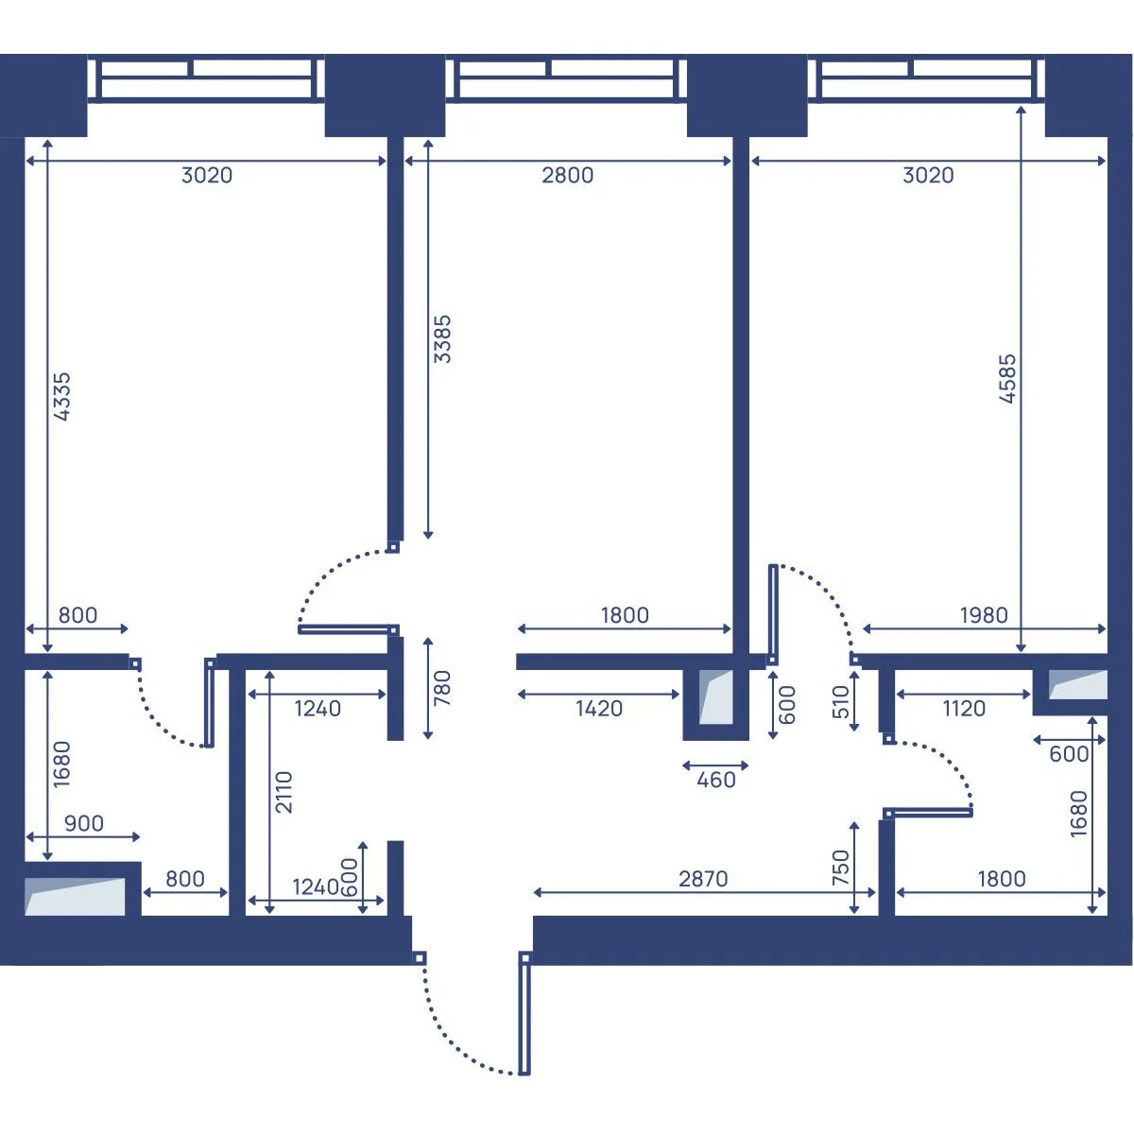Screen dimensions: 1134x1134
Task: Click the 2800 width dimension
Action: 567,175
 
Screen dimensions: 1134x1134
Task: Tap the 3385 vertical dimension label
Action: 442,338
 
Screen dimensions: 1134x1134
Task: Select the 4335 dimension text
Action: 61,396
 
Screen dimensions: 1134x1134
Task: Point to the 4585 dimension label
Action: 1006,378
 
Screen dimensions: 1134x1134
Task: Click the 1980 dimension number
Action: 984,615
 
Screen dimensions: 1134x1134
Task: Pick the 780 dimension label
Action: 442,688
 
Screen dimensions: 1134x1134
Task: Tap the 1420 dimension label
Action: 598,708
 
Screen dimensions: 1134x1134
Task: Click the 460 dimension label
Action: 715,780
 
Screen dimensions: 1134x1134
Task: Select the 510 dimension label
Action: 841,702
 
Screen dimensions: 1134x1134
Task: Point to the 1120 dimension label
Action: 964,708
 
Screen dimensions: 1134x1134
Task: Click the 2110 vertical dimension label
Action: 283,792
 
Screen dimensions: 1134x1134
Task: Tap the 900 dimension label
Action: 83,823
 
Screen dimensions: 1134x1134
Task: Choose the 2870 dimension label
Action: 703,879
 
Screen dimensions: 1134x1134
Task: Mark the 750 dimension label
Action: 841,867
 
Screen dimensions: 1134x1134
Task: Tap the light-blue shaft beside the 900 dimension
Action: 75,896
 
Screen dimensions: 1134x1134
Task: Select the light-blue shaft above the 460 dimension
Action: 715,696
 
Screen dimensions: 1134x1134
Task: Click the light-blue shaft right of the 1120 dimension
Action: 1078,684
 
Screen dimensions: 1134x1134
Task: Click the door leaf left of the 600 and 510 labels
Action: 773,614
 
